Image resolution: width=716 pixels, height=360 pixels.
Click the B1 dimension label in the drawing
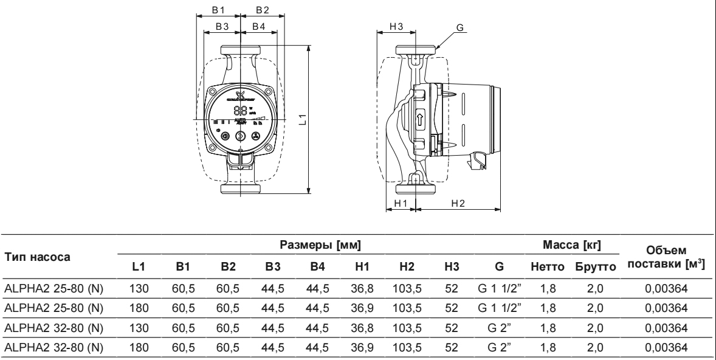coord(218,10)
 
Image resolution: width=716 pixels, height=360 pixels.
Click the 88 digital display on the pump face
coord(240,112)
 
